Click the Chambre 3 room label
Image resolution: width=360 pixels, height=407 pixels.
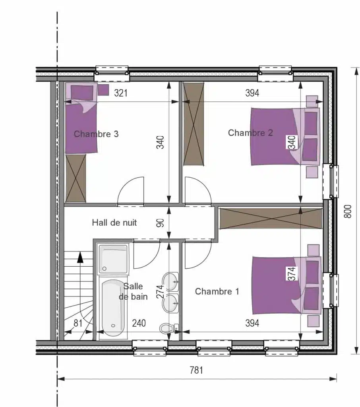(x=96, y=134)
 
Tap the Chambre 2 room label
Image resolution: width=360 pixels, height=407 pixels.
(x=250, y=133)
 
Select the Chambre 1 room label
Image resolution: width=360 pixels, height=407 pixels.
(x=217, y=291)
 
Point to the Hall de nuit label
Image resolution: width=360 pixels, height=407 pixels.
(x=114, y=223)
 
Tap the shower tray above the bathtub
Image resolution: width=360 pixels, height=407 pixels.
(x=113, y=259)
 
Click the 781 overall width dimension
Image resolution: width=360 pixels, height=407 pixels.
(x=196, y=370)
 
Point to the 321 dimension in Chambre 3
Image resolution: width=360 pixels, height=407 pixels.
(x=121, y=93)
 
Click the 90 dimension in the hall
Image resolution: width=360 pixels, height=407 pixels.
(x=161, y=223)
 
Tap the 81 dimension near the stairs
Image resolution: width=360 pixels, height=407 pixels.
(x=78, y=323)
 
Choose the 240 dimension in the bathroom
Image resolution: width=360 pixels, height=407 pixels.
(x=139, y=323)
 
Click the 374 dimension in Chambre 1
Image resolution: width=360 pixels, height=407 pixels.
(x=292, y=273)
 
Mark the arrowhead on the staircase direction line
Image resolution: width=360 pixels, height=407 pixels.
(x=80, y=257)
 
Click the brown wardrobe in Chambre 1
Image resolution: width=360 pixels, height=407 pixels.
(x=271, y=218)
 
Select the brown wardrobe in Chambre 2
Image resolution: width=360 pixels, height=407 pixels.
(x=194, y=124)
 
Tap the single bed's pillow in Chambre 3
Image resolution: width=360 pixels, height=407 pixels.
(x=82, y=92)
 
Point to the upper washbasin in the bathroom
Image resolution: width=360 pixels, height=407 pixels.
(x=170, y=281)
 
